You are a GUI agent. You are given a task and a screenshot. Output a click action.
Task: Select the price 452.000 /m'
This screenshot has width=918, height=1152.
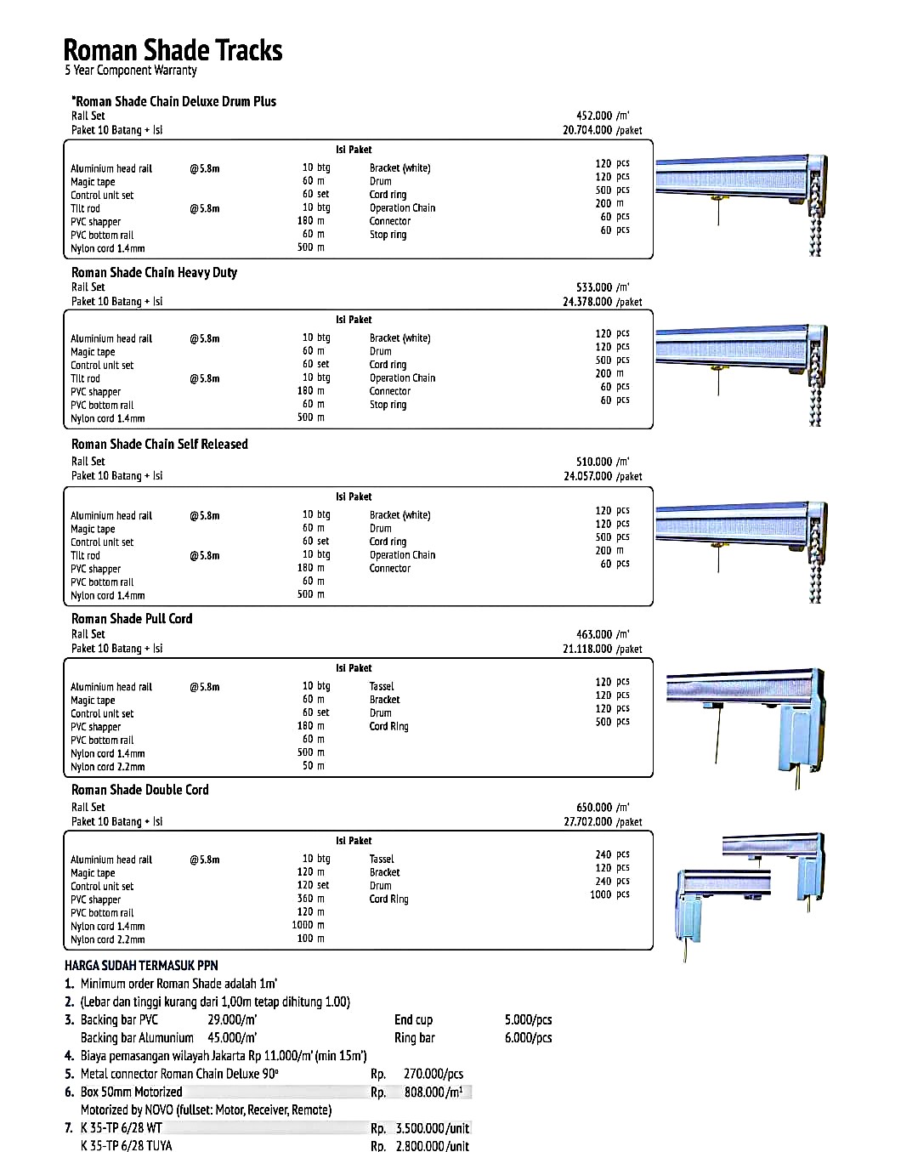pyautogui.click(x=603, y=116)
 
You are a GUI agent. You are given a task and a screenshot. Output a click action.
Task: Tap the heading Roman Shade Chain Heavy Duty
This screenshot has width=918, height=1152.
pyautogui.click(x=154, y=272)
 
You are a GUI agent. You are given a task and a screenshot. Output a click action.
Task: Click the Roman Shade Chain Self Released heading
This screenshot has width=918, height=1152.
pyautogui.click(x=160, y=444)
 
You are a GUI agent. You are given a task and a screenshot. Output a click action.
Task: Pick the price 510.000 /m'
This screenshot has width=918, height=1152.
pyautogui.click(x=603, y=462)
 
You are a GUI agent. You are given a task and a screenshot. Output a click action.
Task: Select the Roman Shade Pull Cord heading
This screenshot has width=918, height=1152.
pyautogui.click(x=132, y=618)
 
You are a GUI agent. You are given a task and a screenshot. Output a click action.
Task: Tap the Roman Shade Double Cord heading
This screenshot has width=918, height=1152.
pyautogui.click(x=139, y=789)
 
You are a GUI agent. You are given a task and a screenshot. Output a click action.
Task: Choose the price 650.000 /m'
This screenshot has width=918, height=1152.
pyautogui.click(x=603, y=807)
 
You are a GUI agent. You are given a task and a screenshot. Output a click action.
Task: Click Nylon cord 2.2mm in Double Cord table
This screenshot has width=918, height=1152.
pyautogui.click(x=108, y=939)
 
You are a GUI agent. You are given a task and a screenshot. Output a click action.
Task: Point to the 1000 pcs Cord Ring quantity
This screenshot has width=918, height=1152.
pyautogui.click(x=609, y=894)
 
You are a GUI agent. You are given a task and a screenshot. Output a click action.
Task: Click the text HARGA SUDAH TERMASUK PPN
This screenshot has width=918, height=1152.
pyautogui.click(x=141, y=965)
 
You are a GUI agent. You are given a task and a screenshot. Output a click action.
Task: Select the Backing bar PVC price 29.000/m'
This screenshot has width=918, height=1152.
pyautogui.click(x=232, y=1019)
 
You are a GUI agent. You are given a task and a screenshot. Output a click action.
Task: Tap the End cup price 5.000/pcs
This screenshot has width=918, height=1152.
pyautogui.click(x=528, y=1019)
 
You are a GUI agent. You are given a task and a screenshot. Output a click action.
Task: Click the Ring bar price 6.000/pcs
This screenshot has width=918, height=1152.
pyautogui.click(x=528, y=1037)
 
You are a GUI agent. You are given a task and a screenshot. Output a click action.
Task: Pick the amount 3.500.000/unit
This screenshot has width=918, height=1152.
pyautogui.click(x=432, y=1128)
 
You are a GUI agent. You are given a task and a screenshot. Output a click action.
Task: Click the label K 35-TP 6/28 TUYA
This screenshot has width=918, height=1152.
pyautogui.click(x=126, y=1145)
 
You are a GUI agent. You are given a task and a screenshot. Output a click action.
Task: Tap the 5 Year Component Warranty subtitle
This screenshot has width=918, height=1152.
pyautogui.click(x=131, y=71)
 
